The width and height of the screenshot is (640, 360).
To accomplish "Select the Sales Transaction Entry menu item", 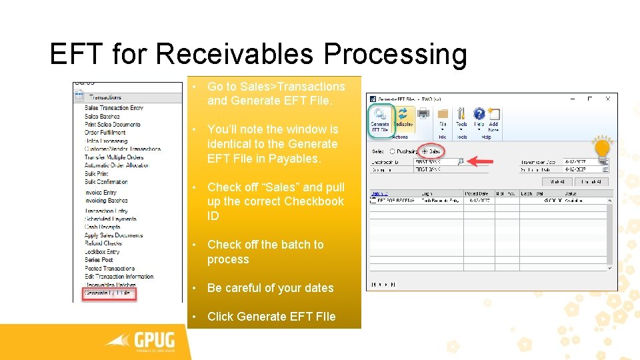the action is pos(113,108).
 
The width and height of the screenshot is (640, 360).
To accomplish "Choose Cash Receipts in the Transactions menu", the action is pos(102,227).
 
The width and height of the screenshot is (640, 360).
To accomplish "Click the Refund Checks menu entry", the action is pos(103,243).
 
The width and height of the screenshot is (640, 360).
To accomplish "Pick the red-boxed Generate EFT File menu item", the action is pos(109,293).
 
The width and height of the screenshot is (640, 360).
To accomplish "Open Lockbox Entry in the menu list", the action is pos(102,252).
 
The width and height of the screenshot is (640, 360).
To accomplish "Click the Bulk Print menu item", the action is pos(96,174).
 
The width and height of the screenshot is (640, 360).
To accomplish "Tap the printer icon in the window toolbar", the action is pos(423,114).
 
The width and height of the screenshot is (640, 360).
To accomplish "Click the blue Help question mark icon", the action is pos(479,114).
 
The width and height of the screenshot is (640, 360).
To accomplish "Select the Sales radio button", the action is pos(424,151).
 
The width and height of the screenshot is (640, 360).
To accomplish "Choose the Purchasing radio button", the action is pos(392,151).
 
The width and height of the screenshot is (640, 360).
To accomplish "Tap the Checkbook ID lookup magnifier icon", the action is pos(460,161).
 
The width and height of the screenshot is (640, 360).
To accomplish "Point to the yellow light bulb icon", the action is pos(602,149).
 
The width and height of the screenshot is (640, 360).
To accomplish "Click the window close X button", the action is pos(605,97).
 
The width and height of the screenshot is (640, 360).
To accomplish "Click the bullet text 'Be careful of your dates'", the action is pos(270,288).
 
